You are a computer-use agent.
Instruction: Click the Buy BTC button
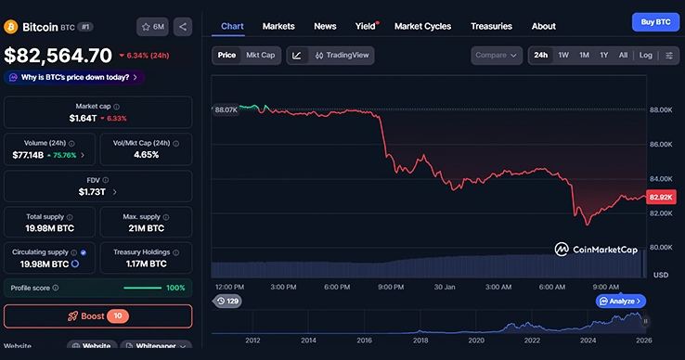(x=656, y=21)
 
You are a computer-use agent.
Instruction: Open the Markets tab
(x=278, y=26)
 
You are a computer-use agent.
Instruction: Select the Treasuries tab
(x=491, y=26)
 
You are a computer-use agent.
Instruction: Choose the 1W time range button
(x=563, y=56)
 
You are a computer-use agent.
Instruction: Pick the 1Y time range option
(x=603, y=56)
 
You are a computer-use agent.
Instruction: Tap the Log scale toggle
(x=646, y=56)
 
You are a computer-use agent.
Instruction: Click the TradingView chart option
(x=342, y=56)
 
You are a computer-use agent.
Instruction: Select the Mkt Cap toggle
(x=260, y=56)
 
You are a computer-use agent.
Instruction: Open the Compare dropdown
(x=497, y=56)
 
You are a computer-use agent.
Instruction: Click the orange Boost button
(x=97, y=316)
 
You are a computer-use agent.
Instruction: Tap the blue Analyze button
(x=621, y=302)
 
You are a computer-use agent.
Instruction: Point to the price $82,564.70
(x=58, y=56)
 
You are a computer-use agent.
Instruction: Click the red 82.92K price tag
(x=661, y=197)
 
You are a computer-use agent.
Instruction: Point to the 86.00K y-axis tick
(x=661, y=145)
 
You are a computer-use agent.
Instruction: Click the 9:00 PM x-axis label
(x=390, y=288)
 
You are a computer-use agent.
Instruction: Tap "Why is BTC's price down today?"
(x=73, y=78)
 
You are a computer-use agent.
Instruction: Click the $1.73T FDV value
(x=93, y=192)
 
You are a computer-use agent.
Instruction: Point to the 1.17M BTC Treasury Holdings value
(x=145, y=264)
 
